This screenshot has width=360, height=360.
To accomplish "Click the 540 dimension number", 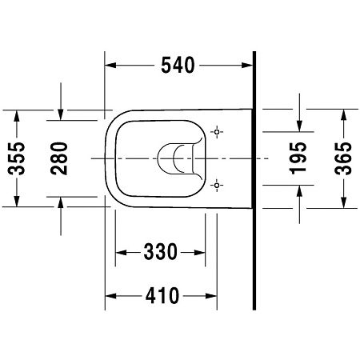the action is tap(178, 66).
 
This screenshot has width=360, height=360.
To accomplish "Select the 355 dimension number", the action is tap(16, 158).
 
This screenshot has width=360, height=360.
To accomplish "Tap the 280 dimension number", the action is tap(59, 158).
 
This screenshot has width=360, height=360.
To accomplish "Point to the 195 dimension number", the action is tap(298, 158).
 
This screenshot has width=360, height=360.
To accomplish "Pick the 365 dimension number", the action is tap(343, 158).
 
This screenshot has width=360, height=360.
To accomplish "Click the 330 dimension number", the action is tap(160, 252).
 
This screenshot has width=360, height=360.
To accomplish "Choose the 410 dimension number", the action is tap(162, 296).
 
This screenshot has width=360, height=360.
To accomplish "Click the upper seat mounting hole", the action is tap(217, 132).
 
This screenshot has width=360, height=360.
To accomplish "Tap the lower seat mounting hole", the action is tap(217, 185).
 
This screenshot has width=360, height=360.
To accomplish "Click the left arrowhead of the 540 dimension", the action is tap(110, 66).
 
